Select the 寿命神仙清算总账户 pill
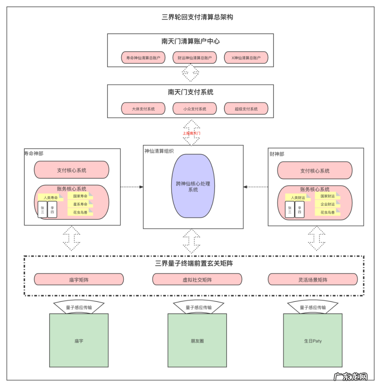pyautogui.click(x=143, y=58)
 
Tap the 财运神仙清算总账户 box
pyautogui.click(x=195, y=58)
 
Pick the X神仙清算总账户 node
pyautogui.click(x=246, y=58)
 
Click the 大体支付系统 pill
pyautogui.click(x=143, y=109)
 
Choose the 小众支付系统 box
pyautogui.click(x=195, y=109)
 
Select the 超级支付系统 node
pyautogui.click(x=246, y=109)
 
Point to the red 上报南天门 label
pyautogui.click(x=191, y=133)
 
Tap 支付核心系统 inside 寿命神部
pyautogui.click(x=72, y=170)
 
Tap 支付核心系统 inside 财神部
pyautogui.click(x=315, y=171)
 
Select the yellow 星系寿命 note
pyautogui.click(x=80, y=204)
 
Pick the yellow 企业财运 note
pyautogui.click(x=327, y=204)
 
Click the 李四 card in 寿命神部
pyautogui.click(x=52, y=209)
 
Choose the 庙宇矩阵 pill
pyautogui.click(x=79, y=280)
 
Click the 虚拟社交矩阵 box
pyautogui.click(x=197, y=280)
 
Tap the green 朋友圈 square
pyautogui.click(x=197, y=341)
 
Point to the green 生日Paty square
pyautogui.click(x=313, y=341)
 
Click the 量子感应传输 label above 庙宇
pyautogui.click(x=79, y=307)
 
